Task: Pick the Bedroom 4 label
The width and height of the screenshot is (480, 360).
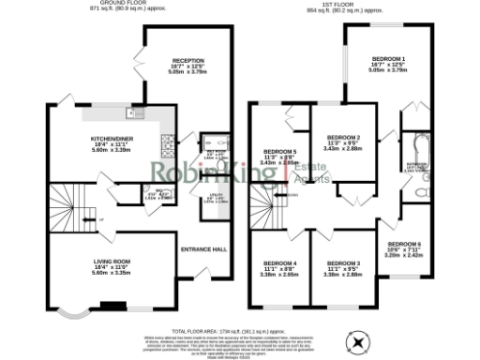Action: [x=279, y=265]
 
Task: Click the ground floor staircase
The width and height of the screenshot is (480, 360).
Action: [x=69, y=217]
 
